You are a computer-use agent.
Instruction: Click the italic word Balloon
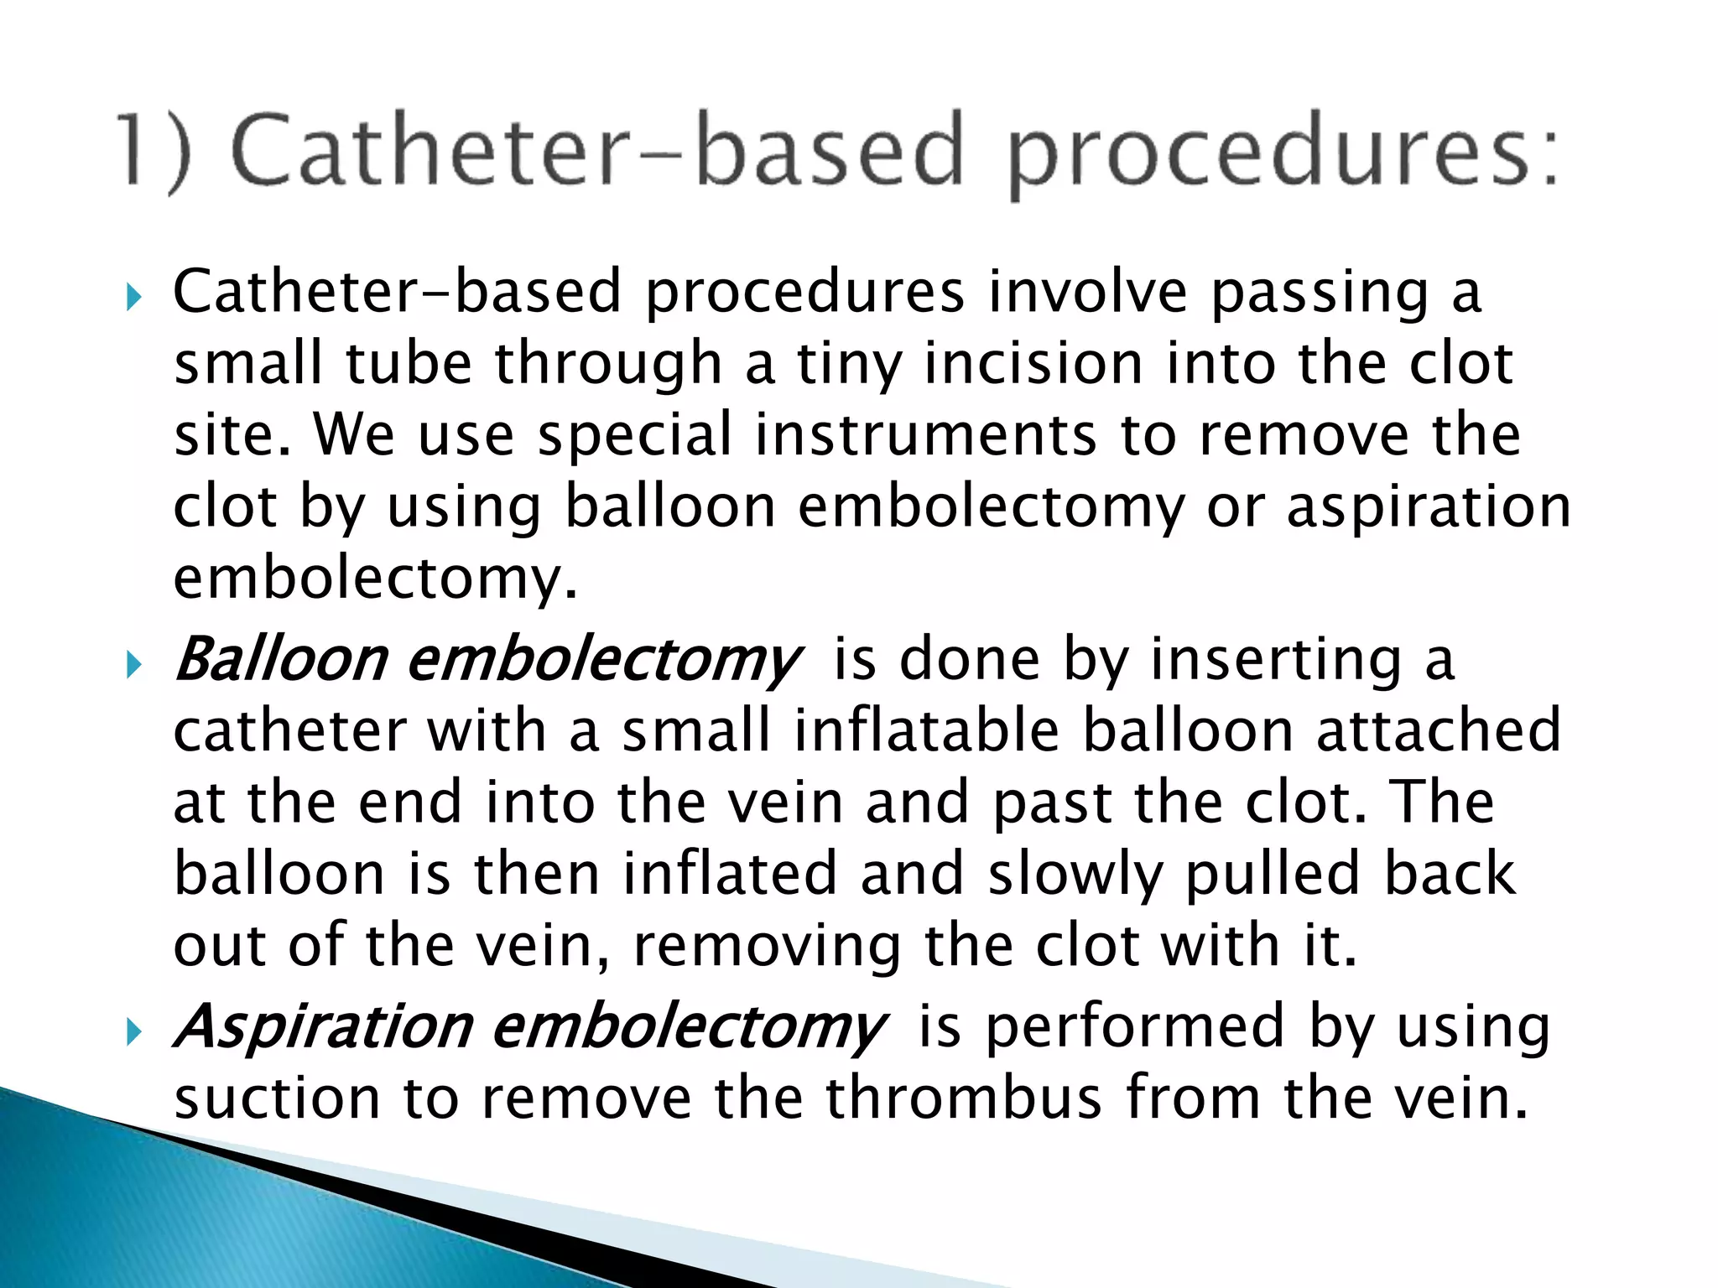[280, 659]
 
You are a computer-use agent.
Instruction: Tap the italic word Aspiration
[324, 1027]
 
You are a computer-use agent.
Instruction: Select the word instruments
[925, 436]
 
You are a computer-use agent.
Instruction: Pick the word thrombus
[963, 1098]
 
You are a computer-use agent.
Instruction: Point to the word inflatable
[926, 730]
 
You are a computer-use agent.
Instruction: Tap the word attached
[1438, 730]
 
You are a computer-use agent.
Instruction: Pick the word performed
[1135, 1027]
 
